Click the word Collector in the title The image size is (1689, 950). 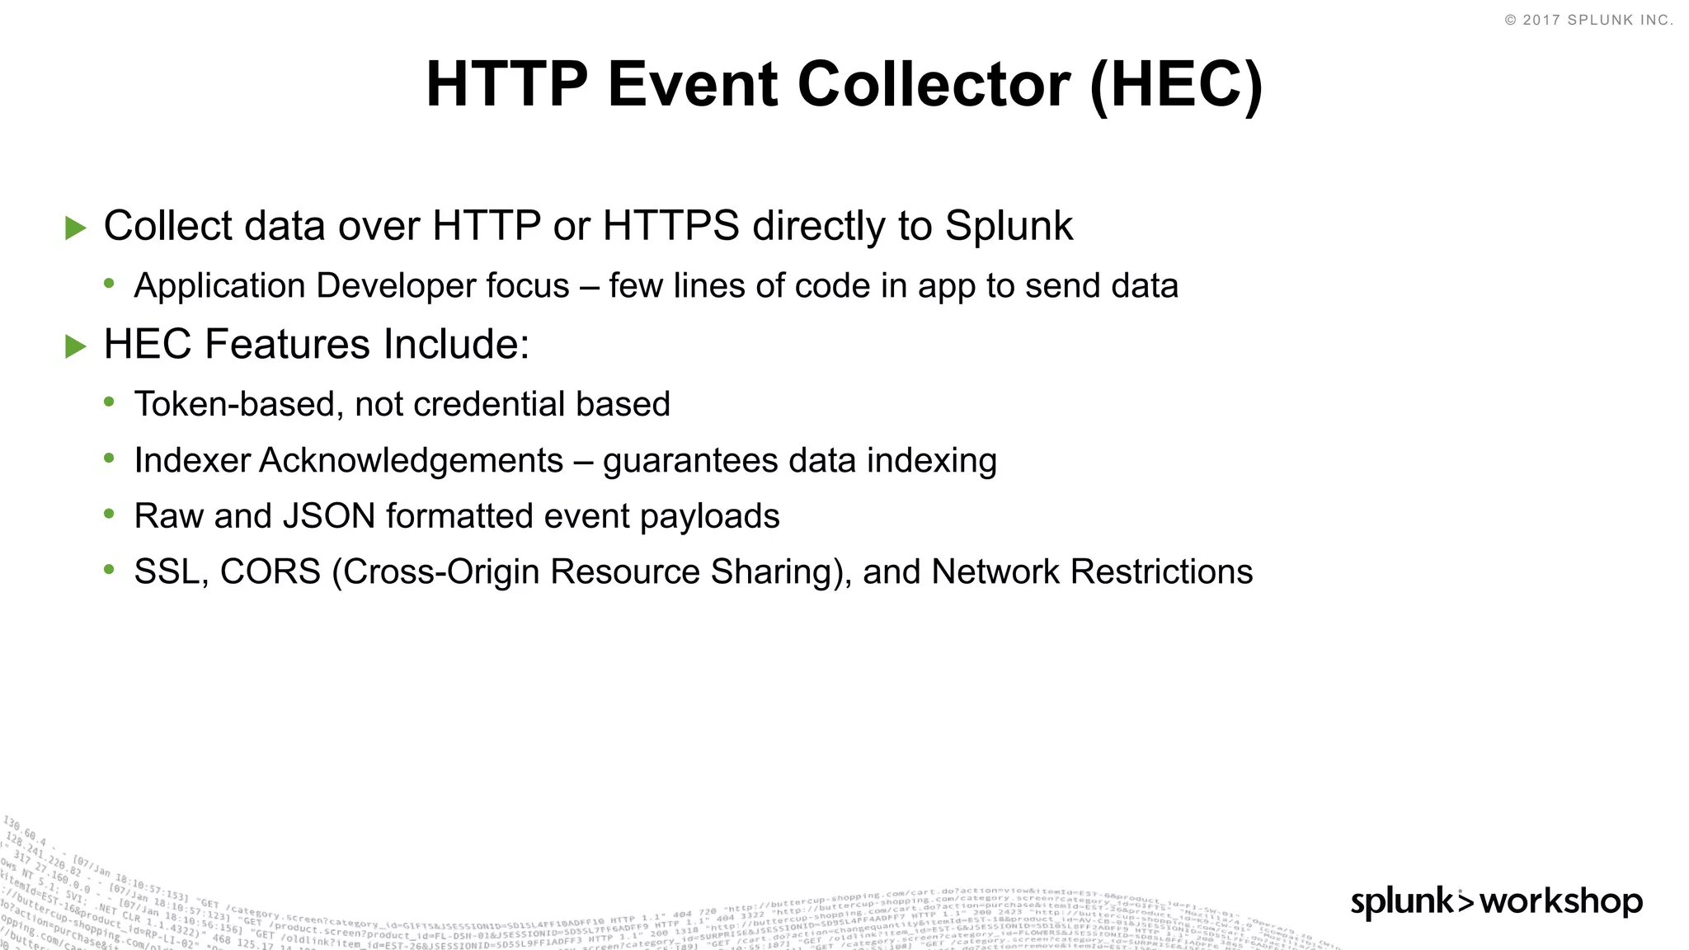pos(934,84)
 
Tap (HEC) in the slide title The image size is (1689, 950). pos(1176,84)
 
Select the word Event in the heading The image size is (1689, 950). pos(693,84)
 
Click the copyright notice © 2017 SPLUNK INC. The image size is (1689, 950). pos(1589,20)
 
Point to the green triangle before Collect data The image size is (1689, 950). pos(76,228)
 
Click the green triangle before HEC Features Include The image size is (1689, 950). pos(76,346)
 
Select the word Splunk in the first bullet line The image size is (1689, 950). pos(1009,226)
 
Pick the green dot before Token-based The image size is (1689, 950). pos(110,402)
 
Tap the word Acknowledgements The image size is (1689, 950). pos(411,460)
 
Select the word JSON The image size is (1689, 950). pos(329,516)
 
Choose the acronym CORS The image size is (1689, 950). pos(270,572)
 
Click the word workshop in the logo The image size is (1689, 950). pos(1561,901)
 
